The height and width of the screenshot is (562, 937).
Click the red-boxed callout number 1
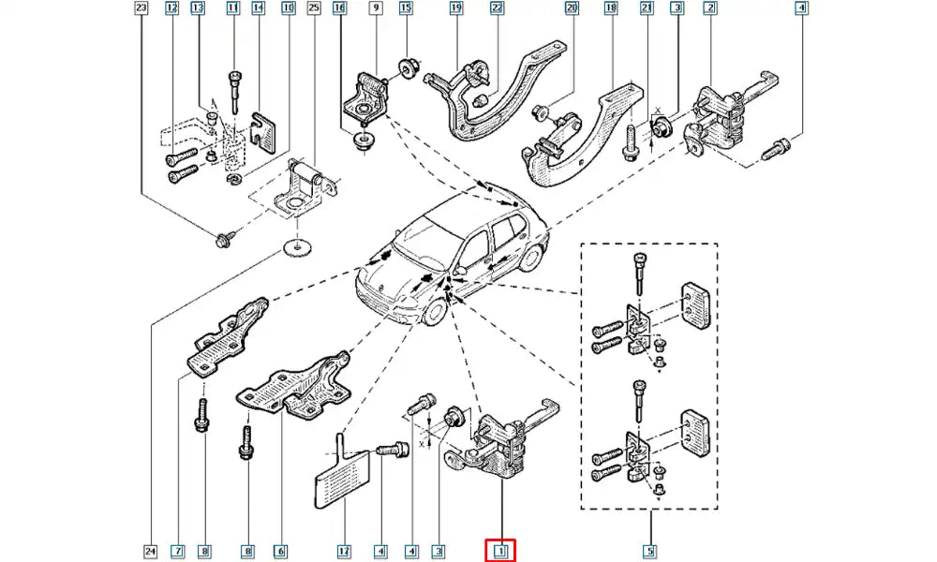click(501, 551)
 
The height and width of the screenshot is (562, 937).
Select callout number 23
click(141, 9)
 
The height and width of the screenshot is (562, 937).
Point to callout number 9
click(376, 9)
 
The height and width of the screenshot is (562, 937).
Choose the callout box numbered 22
click(498, 9)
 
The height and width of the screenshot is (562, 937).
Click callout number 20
click(572, 9)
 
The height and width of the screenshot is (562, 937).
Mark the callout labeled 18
click(611, 9)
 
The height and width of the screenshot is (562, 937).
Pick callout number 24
click(152, 551)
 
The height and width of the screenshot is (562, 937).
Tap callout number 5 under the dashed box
click(650, 551)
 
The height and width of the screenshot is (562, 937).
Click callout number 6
click(278, 551)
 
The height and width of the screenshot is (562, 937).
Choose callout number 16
click(339, 9)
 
